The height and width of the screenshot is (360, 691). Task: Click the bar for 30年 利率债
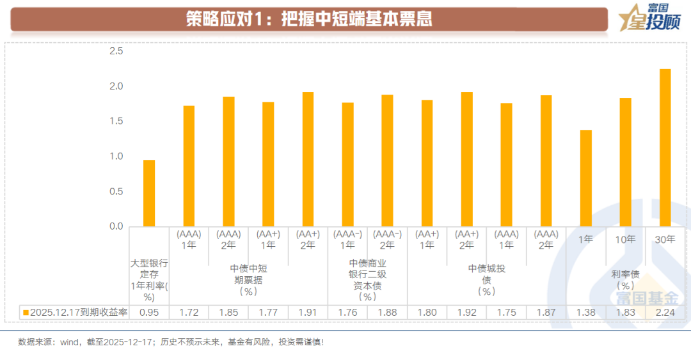pos(665,147)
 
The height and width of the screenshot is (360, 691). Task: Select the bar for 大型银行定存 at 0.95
pos(149,193)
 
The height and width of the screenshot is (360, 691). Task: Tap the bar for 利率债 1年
pos(585,178)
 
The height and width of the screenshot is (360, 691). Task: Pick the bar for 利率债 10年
pos(625,162)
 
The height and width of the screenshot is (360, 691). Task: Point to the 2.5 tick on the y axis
pos(115,51)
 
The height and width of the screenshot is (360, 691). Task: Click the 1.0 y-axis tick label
pos(115,156)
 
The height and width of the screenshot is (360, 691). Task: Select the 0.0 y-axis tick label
pos(115,226)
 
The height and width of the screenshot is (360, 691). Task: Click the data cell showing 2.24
pos(665,312)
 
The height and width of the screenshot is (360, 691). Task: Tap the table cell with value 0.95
pos(149,312)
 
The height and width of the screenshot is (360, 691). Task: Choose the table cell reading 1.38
pos(585,312)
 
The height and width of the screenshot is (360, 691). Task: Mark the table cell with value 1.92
pos(466,312)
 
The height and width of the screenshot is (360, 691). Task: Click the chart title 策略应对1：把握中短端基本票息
pos(309,19)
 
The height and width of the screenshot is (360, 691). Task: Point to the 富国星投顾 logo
pos(647,19)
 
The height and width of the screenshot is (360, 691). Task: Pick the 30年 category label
pos(665,239)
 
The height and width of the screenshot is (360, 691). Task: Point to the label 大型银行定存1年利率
pos(149,279)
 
